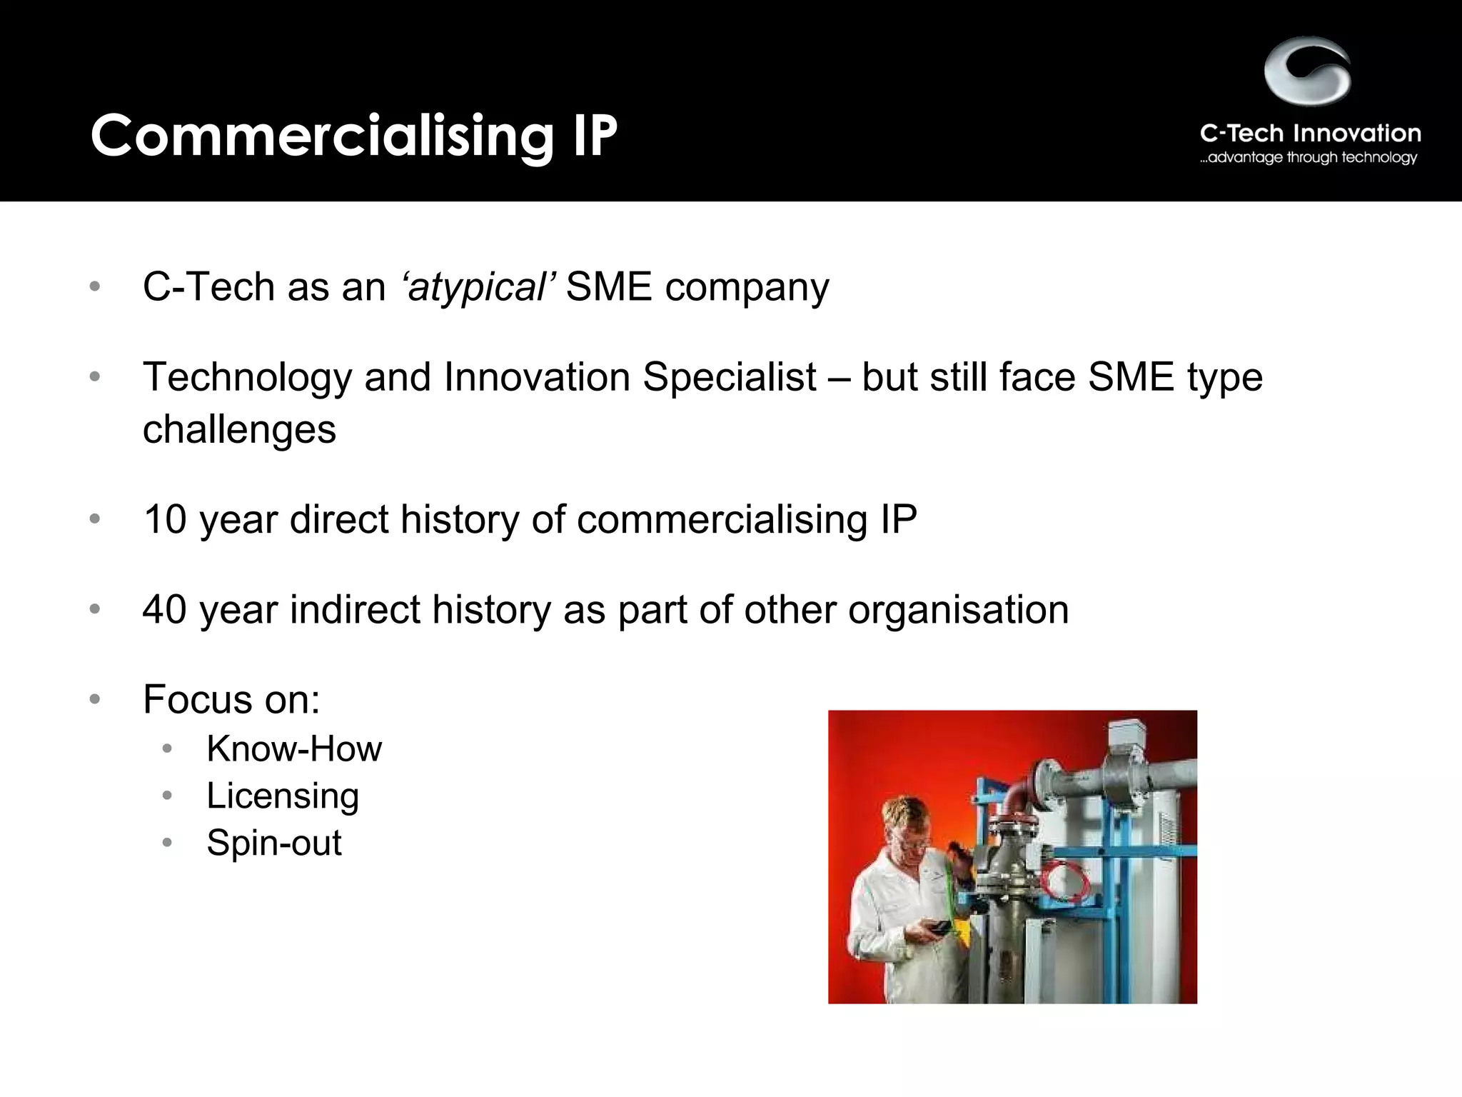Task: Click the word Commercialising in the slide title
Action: (x=321, y=136)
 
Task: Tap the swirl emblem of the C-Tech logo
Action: (x=1307, y=72)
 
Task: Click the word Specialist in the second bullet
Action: (x=729, y=376)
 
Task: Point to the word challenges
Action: (x=239, y=430)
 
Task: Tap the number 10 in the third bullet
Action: (x=165, y=519)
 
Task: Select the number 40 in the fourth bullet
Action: (x=165, y=610)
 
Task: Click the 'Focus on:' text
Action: (x=231, y=699)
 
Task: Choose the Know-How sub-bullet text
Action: (x=294, y=749)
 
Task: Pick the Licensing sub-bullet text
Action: (x=283, y=796)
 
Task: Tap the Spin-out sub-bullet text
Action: (x=274, y=843)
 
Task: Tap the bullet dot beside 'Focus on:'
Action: (x=95, y=699)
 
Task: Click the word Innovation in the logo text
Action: (x=1356, y=134)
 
